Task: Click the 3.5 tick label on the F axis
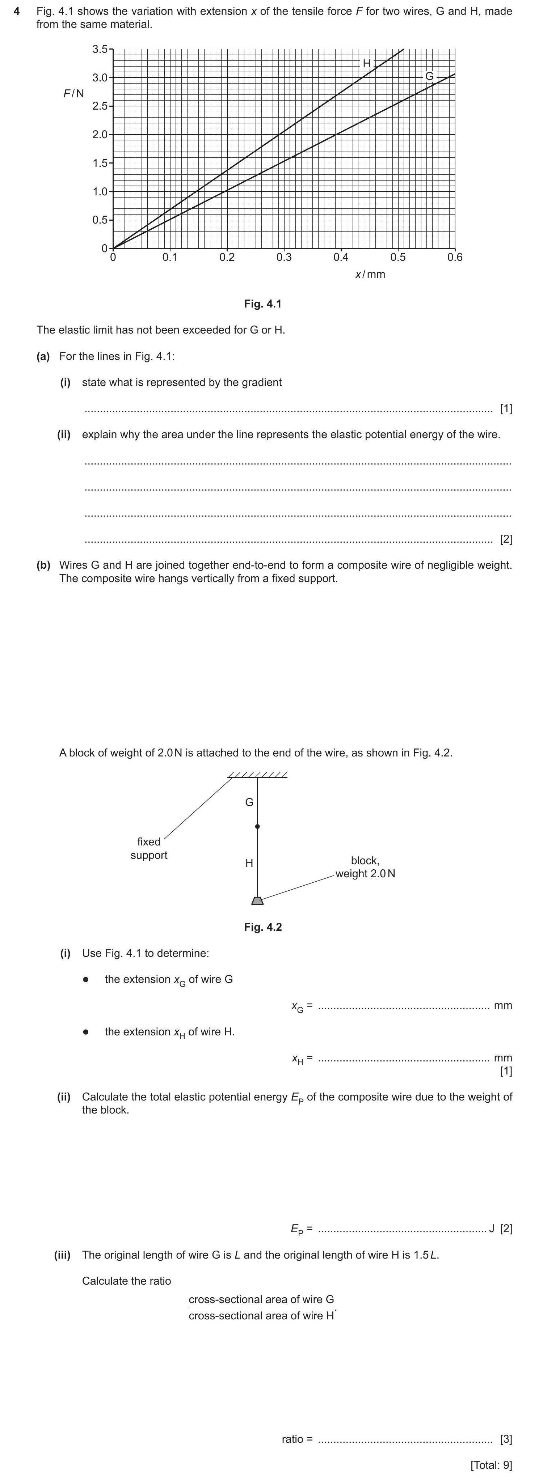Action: [x=100, y=50]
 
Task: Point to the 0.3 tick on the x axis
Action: [x=284, y=257]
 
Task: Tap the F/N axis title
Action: [x=73, y=93]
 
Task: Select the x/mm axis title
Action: [x=370, y=275]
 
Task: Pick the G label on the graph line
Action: [x=429, y=76]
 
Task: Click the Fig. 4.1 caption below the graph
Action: [x=262, y=304]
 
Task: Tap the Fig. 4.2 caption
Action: [x=262, y=927]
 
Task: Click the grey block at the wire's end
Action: [x=257, y=900]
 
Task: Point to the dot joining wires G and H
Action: [x=257, y=827]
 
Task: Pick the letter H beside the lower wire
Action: [x=249, y=863]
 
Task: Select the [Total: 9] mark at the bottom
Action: [x=491, y=1465]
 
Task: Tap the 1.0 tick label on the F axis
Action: [x=100, y=192]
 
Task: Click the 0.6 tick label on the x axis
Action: [x=455, y=257]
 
